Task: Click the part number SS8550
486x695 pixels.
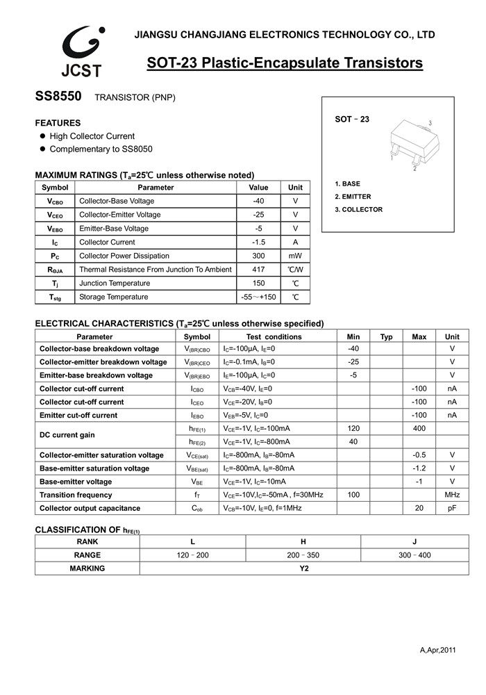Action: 59,97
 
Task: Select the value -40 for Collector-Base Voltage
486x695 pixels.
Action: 258,201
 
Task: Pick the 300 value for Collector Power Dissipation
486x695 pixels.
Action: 258,256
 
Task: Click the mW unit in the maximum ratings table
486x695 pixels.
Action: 295,256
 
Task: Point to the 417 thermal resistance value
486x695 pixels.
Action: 258,270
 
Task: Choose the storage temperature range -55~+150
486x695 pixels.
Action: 258,297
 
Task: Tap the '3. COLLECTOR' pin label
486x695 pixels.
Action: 358,209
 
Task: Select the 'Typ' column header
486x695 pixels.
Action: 387,336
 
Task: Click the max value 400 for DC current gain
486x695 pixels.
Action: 419,429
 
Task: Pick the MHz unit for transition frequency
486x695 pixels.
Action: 452,495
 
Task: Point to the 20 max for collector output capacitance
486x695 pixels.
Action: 419,508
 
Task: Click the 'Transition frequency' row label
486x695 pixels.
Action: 76,495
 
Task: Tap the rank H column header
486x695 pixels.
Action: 303,542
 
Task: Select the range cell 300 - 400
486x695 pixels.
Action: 415,555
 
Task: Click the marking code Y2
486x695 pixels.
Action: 303,569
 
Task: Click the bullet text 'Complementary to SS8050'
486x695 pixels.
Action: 101,149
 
